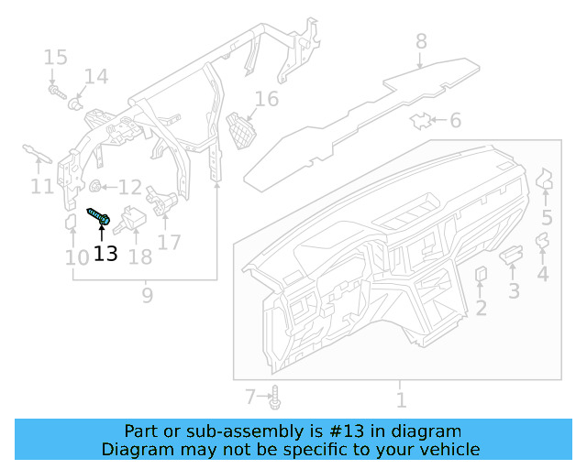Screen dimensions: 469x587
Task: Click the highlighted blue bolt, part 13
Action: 99,217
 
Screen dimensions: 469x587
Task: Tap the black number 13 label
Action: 105,254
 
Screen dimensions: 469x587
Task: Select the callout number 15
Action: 55,58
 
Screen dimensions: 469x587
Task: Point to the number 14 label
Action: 96,76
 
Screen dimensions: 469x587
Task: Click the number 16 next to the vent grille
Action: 266,99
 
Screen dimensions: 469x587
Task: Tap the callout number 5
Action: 547,218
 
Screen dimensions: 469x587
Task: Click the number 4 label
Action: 543,274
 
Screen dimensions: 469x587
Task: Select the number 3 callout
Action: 514,291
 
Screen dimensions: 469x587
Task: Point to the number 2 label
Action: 481,309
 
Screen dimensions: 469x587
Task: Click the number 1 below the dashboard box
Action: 400,399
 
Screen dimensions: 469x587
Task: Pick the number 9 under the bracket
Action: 147,295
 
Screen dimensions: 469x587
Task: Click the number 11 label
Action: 42,187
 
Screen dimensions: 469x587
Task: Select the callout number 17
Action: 169,242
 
